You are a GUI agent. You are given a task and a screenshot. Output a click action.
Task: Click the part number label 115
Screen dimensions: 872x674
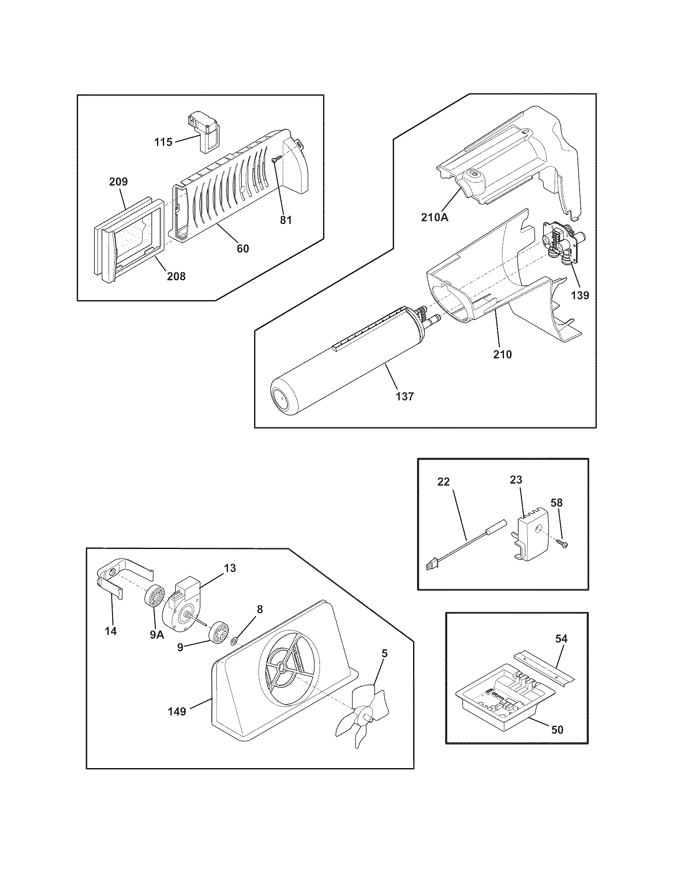(x=163, y=142)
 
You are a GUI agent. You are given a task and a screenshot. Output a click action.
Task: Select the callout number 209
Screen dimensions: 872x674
(x=118, y=182)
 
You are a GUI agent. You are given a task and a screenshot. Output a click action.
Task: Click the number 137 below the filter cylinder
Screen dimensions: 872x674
(x=405, y=396)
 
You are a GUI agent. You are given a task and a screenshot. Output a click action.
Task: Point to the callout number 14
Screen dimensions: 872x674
(x=111, y=631)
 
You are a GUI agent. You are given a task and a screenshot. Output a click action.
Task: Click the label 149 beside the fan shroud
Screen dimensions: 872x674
(x=177, y=711)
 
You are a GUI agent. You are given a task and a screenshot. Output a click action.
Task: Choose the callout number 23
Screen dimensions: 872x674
(x=516, y=480)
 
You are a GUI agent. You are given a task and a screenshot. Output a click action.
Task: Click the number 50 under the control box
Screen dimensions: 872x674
(x=557, y=729)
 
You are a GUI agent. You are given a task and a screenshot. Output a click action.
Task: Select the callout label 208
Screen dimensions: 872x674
(x=176, y=276)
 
